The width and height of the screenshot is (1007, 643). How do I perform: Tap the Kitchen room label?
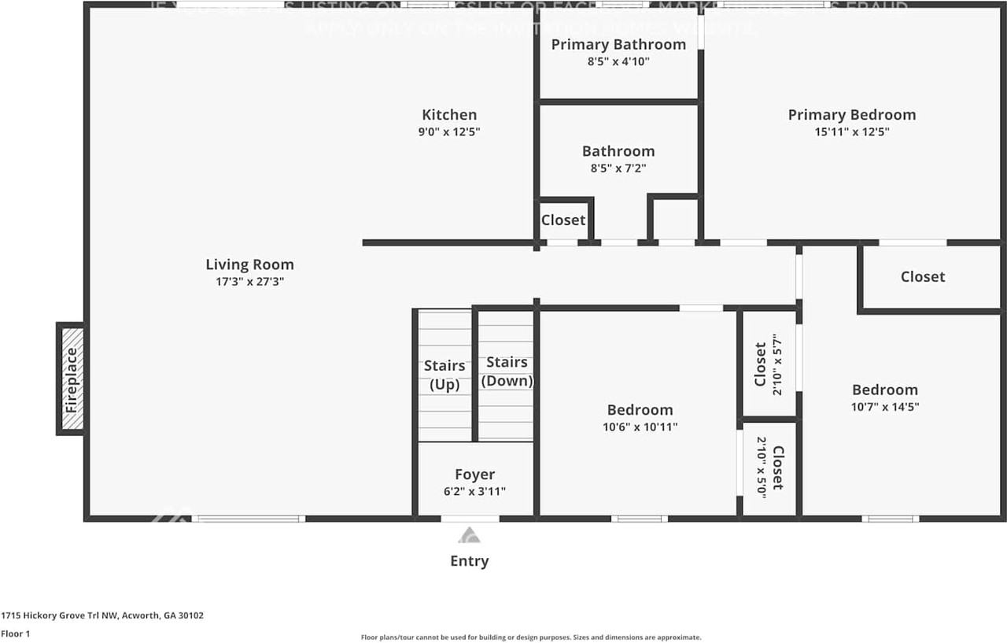tap(448, 115)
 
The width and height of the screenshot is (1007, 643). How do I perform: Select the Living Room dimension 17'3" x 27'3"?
tap(249, 281)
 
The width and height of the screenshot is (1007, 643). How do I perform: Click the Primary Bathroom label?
tap(618, 44)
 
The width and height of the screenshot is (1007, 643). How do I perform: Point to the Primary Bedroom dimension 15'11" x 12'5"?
tap(851, 132)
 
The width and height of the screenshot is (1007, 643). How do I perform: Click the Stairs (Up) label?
tap(444, 375)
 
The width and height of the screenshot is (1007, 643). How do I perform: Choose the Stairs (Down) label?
tap(507, 371)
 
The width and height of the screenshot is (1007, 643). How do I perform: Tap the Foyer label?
tap(474, 474)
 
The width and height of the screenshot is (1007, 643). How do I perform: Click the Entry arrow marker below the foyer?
tap(469, 535)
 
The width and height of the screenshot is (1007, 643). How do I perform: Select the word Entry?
tap(469, 561)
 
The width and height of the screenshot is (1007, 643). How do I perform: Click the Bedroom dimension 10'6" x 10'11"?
tap(639, 427)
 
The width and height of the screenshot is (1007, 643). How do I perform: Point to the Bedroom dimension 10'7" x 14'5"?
tap(885, 407)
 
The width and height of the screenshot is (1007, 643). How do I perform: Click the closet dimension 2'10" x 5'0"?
tap(762, 467)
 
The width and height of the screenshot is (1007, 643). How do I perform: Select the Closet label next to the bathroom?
tap(563, 220)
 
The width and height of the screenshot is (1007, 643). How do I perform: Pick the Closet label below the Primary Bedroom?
tap(923, 276)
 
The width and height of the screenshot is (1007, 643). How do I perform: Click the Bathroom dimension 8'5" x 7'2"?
tap(618, 168)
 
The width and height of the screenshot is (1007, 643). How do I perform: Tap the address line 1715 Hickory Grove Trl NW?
tap(102, 615)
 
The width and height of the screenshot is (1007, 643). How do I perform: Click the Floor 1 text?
tap(16, 634)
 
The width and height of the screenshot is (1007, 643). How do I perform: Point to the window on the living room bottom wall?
tap(249, 519)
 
